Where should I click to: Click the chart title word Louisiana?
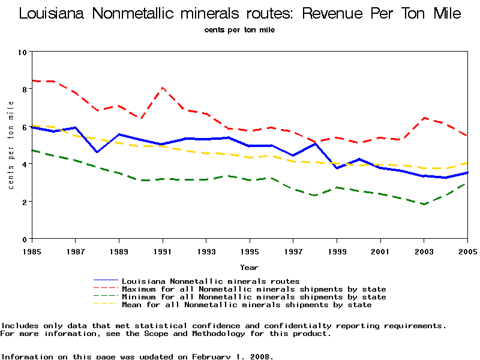52,13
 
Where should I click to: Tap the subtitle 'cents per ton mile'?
239,29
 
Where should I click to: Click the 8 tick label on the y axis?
24,89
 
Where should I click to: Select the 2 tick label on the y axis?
24,202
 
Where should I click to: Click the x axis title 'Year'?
249,267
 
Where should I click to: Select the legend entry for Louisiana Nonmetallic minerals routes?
211,280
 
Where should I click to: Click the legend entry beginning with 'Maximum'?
254,289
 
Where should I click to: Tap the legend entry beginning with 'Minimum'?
254,296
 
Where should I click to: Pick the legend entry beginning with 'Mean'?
247,305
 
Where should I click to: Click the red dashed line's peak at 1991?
162,88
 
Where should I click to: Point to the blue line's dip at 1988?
97,152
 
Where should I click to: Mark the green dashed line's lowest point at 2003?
424,205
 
